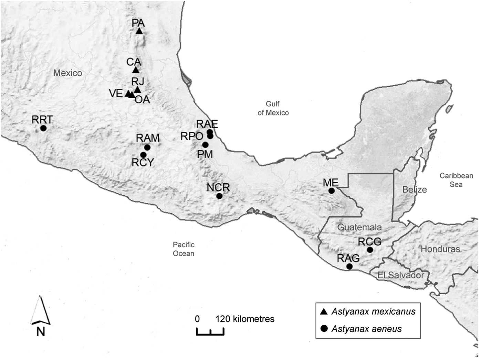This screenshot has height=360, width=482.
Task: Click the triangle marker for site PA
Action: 139,31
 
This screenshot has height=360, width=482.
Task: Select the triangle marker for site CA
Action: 136,70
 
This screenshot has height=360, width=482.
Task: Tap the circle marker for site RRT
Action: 43,128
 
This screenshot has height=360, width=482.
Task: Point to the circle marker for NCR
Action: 219,196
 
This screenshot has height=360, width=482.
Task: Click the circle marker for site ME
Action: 332,191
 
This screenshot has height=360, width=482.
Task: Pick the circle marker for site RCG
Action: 370,250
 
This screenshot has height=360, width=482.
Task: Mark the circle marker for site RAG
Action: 349,266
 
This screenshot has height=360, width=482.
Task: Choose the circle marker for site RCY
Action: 143,155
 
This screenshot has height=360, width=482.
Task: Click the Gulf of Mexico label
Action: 273,108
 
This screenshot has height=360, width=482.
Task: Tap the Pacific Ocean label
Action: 184,249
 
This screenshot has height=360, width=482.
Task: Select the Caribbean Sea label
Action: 456,180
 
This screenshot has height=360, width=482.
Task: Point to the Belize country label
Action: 415,189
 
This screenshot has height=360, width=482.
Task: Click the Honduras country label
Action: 440,249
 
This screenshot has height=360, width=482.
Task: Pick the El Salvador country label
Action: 401,275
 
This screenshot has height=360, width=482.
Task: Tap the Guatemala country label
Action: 359,227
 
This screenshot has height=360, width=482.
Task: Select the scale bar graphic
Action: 210,332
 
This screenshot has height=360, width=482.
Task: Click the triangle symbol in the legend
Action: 324,311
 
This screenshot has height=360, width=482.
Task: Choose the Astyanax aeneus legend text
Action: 366,329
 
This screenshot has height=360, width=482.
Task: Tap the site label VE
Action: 116,93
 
